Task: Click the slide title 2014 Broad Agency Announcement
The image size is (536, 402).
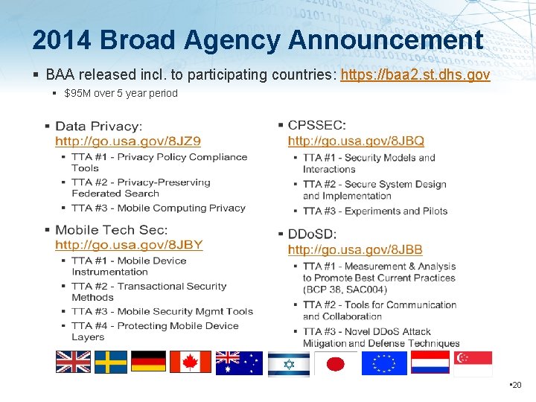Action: click(258, 39)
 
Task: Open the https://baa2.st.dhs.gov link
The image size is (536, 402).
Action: click(415, 74)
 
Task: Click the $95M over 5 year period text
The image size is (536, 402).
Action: click(121, 93)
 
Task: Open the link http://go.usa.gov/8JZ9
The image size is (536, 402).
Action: click(128, 140)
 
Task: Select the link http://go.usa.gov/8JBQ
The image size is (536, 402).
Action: click(356, 140)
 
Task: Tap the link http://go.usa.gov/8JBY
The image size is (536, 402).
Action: click(129, 244)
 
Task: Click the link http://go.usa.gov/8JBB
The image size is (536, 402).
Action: click(355, 249)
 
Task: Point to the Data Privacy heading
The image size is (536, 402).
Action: click(99, 127)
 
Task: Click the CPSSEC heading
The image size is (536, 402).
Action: click(316, 126)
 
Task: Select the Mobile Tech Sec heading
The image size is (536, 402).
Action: click(112, 230)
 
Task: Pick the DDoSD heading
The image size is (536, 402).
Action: click(313, 234)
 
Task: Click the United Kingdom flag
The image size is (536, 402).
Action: click(73, 361)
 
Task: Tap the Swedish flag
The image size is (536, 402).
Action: click(110, 361)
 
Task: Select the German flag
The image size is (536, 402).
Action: click(148, 361)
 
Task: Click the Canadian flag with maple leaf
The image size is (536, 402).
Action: click(191, 361)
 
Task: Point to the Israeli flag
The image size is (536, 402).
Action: click(288, 363)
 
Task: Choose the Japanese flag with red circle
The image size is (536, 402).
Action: click(335, 363)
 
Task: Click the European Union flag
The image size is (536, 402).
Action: click(384, 363)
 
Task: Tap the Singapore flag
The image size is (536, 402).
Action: click(473, 363)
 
